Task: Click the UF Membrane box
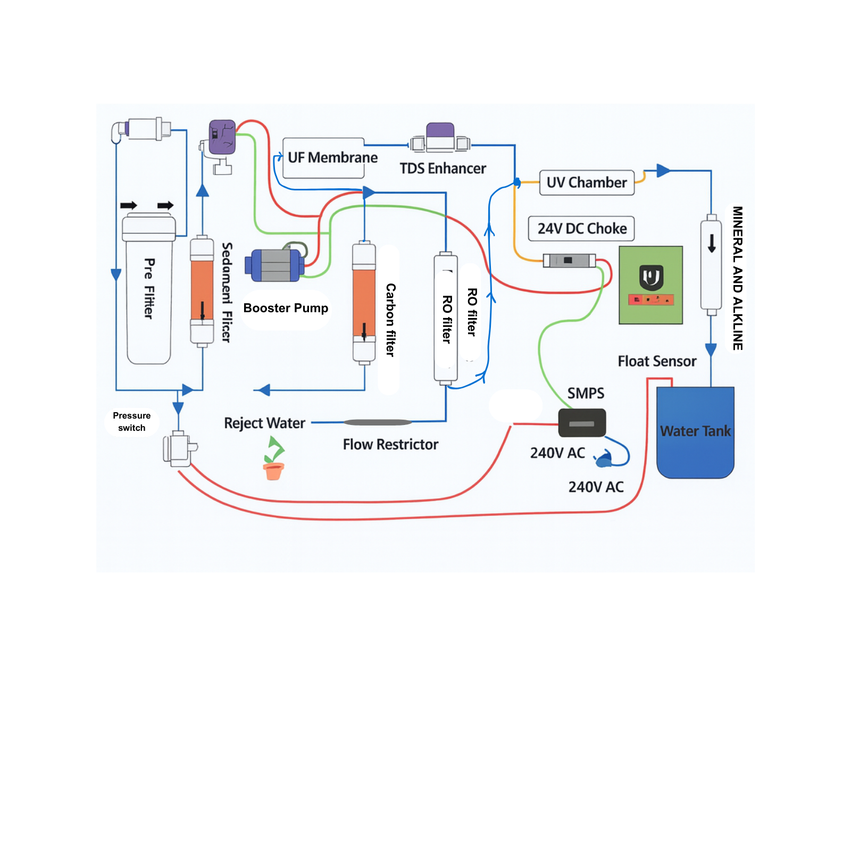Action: (x=323, y=158)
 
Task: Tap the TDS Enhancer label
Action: (x=443, y=169)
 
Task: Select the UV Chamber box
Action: (x=587, y=182)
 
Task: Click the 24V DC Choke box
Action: (x=581, y=229)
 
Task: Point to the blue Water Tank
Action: (x=695, y=432)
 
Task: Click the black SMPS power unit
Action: (x=582, y=423)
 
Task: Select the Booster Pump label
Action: (x=286, y=308)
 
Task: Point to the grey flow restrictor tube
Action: (x=378, y=422)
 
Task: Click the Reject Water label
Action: (x=264, y=423)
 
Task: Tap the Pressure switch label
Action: (x=131, y=422)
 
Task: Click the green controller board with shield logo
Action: (x=650, y=285)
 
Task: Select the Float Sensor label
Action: (x=657, y=362)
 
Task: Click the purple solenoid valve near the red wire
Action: (x=222, y=137)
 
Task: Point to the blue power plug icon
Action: (x=604, y=459)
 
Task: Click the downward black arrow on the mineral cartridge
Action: (x=712, y=243)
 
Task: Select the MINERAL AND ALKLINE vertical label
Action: (x=737, y=278)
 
